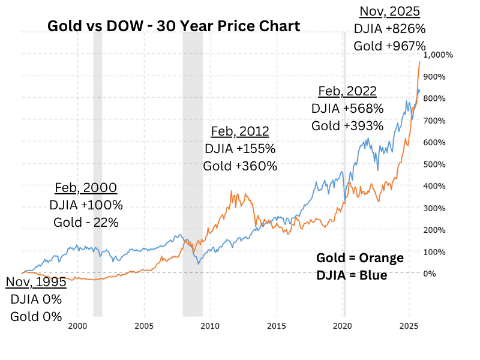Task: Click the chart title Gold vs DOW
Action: click(x=173, y=26)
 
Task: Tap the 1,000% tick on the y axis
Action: click(x=438, y=55)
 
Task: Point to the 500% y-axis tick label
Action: click(x=434, y=164)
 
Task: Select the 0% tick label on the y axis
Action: click(x=430, y=273)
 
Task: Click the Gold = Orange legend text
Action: click(x=360, y=258)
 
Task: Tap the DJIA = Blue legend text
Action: click(x=352, y=275)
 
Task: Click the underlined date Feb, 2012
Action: click(x=240, y=131)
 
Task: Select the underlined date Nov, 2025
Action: click(x=389, y=11)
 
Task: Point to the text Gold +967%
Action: click(x=389, y=46)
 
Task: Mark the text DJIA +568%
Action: click(x=347, y=109)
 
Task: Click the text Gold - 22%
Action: click(x=86, y=222)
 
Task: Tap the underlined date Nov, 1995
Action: click(x=36, y=282)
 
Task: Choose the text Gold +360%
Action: click(x=240, y=166)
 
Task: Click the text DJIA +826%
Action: click(x=389, y=28)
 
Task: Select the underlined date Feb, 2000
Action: click(x=86, y=187)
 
